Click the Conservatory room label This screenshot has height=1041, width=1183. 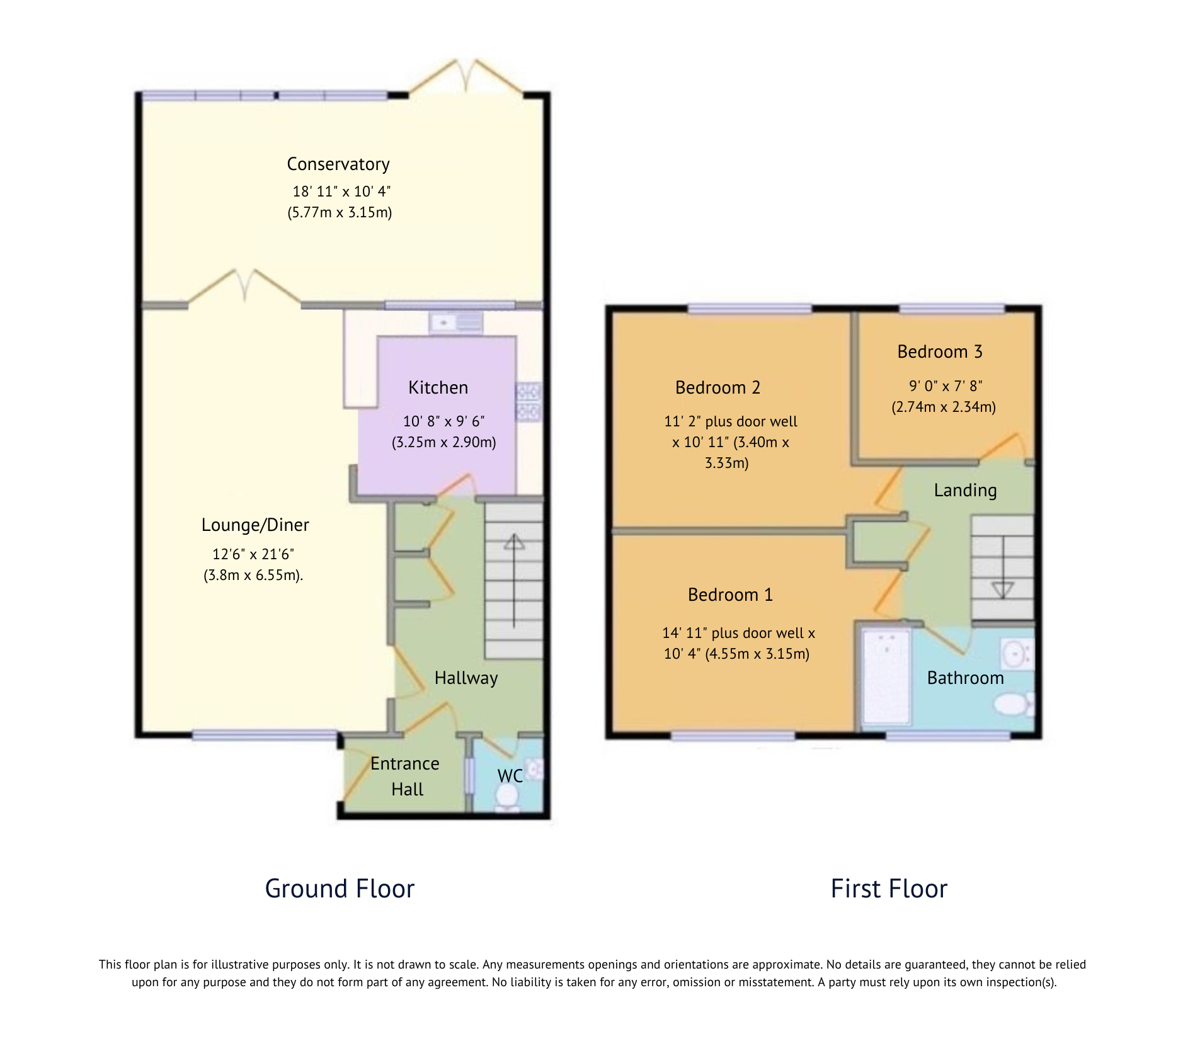(x=338, y=164)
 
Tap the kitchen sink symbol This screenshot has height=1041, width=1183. (x=455, y=322)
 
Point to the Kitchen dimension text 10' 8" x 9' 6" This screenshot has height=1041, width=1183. (x=443, y=421)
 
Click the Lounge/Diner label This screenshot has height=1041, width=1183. (x=255, y=525)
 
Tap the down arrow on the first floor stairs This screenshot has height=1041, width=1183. (x=1002, y=590)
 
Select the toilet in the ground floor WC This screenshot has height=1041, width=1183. (x=507, y=798)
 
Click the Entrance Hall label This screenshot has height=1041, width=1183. (x=405, y=776)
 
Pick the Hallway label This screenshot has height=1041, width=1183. (x=466, y=678)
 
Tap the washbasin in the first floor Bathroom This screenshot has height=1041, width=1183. (x=1016, y=654)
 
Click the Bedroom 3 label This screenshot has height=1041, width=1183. (x=939, y=351)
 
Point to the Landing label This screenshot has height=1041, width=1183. (x=965, y=490)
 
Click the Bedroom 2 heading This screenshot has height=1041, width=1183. (x=717, y=387)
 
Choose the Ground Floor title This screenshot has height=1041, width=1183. (x=340, y=889)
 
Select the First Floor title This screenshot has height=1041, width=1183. (x=889, y=889)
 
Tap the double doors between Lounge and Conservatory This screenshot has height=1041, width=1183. (x=244, y=287)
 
